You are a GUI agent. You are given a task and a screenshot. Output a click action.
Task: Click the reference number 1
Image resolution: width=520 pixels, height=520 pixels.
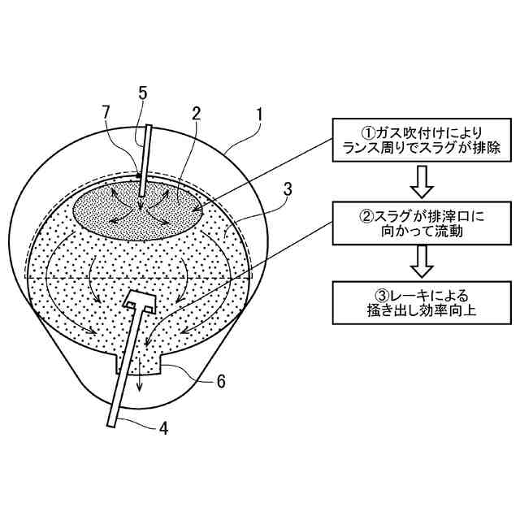coord(259,115)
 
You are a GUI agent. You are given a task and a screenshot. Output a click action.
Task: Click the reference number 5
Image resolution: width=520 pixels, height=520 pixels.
coord(143,93)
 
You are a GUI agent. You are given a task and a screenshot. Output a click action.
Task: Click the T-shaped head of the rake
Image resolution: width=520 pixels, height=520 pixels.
coord(139,301)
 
